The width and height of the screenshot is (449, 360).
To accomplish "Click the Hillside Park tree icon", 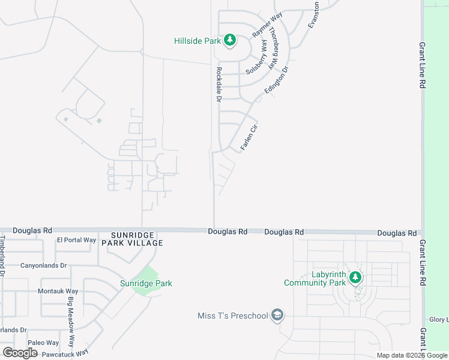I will (x=229, y=41).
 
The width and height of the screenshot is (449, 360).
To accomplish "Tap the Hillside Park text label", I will (x=197, y=41).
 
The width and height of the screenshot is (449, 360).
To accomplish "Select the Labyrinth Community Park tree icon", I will (x=355, y=277).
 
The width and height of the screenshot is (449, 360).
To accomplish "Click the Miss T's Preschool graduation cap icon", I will (x=277, y=316).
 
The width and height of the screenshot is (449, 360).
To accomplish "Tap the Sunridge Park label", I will (x=146, y=283).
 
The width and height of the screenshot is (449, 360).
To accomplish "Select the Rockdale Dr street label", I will (x=218, y=84).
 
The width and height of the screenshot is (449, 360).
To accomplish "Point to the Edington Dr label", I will (x=277, y=80).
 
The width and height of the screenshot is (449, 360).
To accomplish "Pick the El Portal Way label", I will (x=76, y=240).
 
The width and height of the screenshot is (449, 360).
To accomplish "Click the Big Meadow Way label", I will (x=71, y=330).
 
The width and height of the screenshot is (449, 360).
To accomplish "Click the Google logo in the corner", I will (x=20, y=353).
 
